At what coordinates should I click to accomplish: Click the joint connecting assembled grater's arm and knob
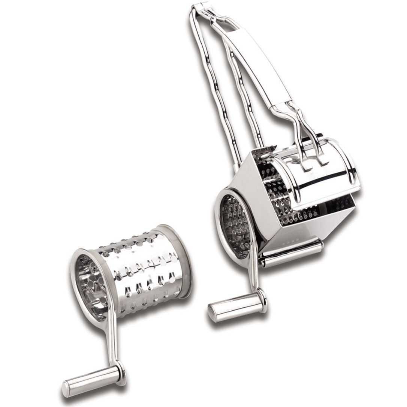[262, 300]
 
